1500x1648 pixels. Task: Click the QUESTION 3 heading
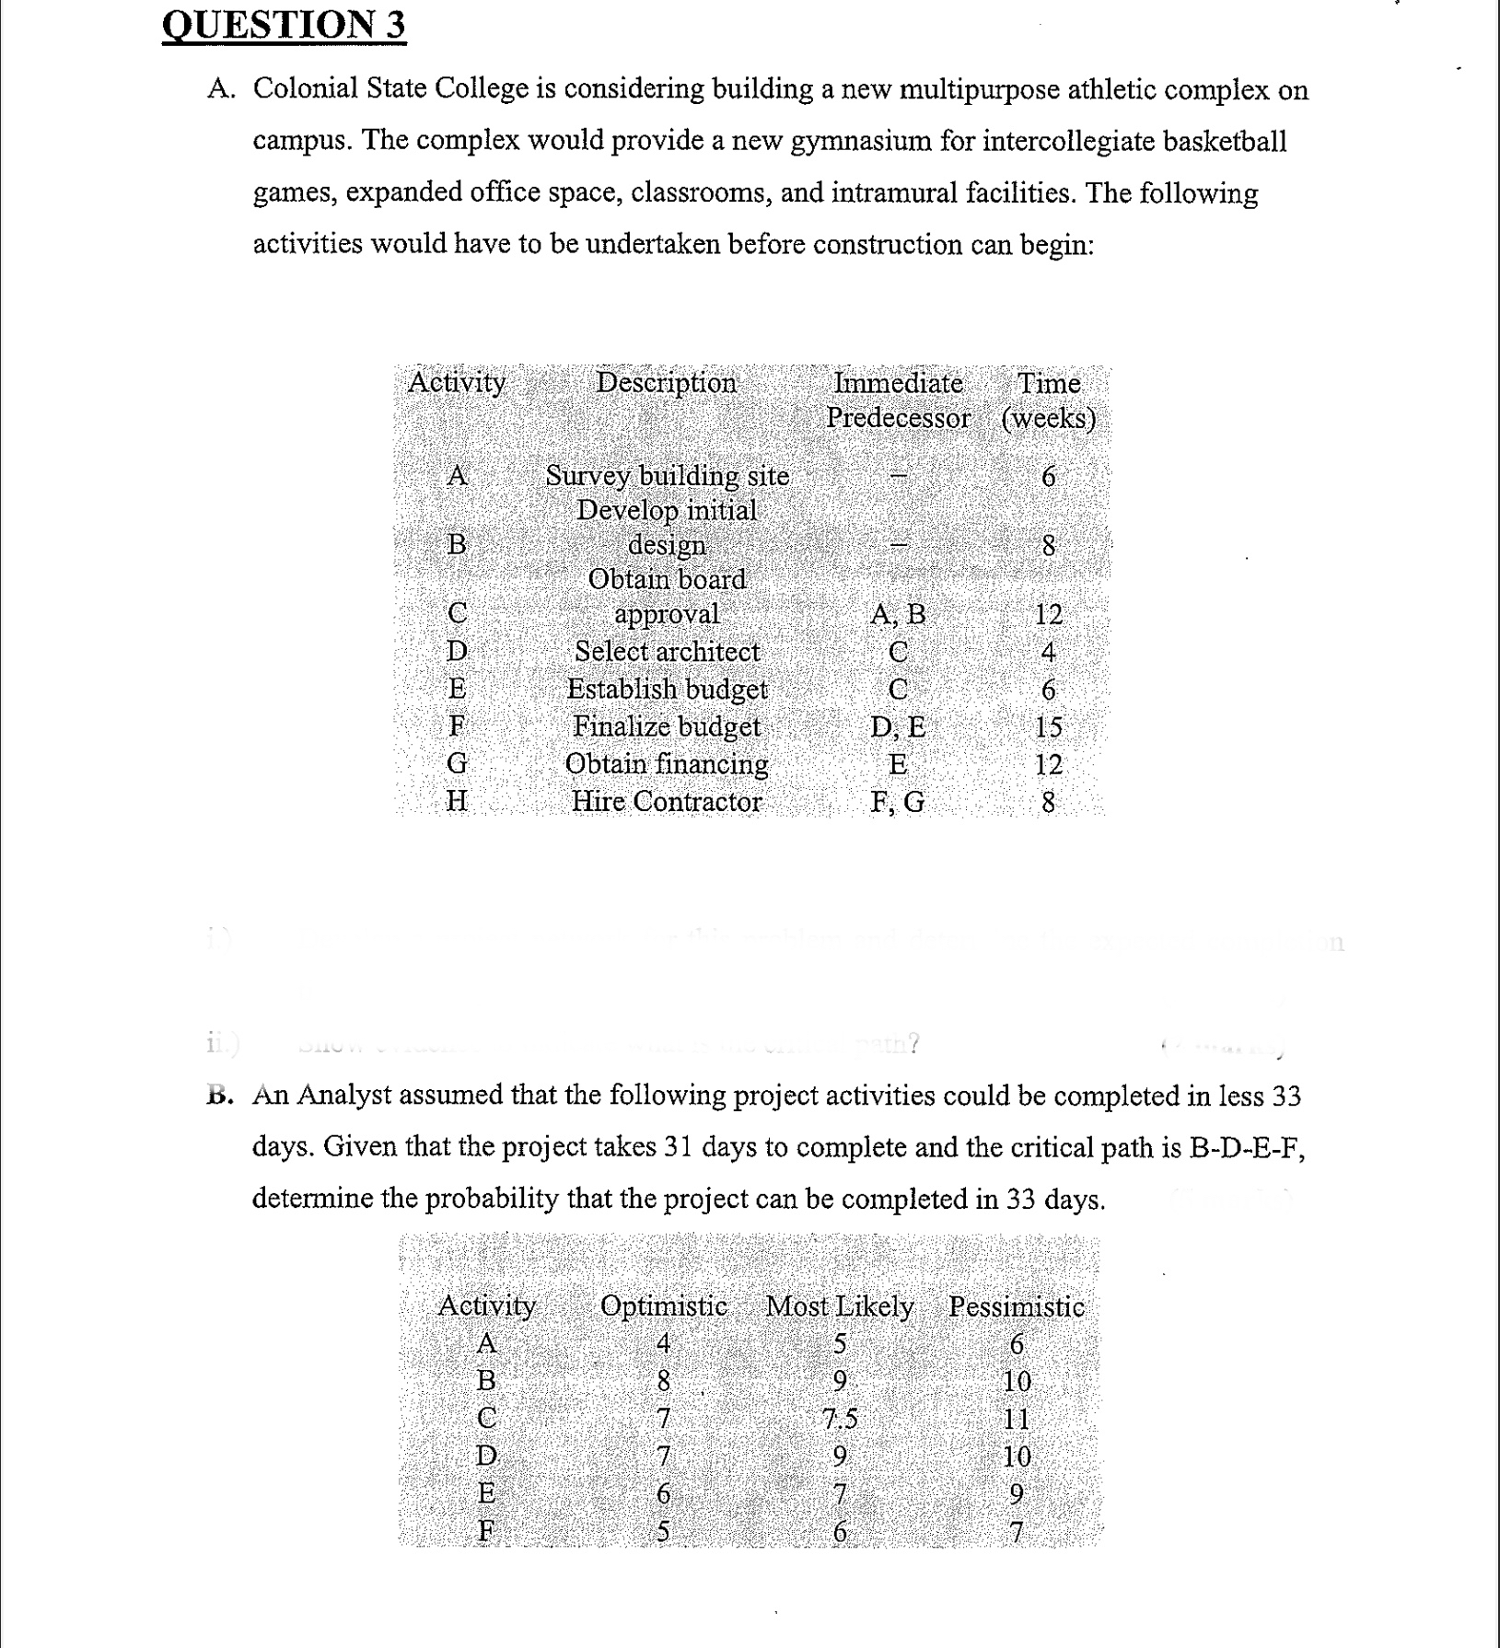click(x=284, y=25)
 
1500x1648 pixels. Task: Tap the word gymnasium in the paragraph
click(x=861, y=141)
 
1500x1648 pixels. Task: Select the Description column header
click(x=666, y=382)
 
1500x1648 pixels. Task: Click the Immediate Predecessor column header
click(x=898, y=400)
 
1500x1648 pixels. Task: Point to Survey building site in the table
click(x=667, y=476)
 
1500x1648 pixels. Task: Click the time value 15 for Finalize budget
click(x=1048, y=726)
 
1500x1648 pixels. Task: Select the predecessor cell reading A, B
click(x=898, y=613)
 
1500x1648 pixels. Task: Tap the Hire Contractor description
click(x=667, y=801)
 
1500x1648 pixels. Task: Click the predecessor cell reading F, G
click(x=898, y=802)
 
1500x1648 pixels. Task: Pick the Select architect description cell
click(x=667, y=651)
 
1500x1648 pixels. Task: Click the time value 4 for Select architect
click(x=1048, y=652)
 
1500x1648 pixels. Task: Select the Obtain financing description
click(x=667, y=763)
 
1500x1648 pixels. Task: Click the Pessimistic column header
click(x=1017, y=1306)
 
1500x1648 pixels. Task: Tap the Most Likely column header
click(x=839, y=1306)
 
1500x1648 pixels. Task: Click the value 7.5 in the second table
click(x=839, y=1419)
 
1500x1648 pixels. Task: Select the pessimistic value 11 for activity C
click(x=1017, y=1419)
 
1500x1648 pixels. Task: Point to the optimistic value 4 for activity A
click(x=663, y=1343)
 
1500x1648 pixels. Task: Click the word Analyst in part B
click(x=344, y=1096)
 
